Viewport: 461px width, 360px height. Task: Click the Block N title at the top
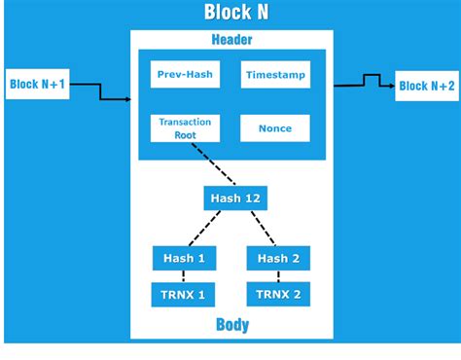[x=235, y=12]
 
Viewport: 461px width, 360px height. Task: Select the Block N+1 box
[x=38, y=84]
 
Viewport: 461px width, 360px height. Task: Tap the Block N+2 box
[x=425, y=86]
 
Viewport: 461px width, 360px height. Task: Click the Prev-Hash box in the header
[x=185, y=74]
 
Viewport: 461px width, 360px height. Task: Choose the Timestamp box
[x=276, y=74]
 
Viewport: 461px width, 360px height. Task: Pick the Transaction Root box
[x=185, y=128]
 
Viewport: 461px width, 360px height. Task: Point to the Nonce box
[x=275, y=128]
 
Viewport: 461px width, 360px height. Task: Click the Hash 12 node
[x=234, y=198]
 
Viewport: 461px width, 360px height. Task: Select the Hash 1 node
[x=184, y=258]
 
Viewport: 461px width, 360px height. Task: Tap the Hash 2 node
[x=278, y=258]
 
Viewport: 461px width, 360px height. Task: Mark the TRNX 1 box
[x=184, y=293]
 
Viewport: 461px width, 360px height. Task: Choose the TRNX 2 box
[x=278, y=293]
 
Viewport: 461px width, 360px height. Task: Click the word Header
[x=231, y=40]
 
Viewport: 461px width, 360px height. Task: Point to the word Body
[x=231, y=325]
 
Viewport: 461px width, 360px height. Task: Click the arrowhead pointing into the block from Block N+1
[x=126, y=98]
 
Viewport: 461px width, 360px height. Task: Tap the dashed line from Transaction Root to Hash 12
[x=213, y=165]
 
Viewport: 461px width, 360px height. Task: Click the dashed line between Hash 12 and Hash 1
[x=207, y=229]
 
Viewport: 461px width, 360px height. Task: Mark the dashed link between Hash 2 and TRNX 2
[x=278, y=276]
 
